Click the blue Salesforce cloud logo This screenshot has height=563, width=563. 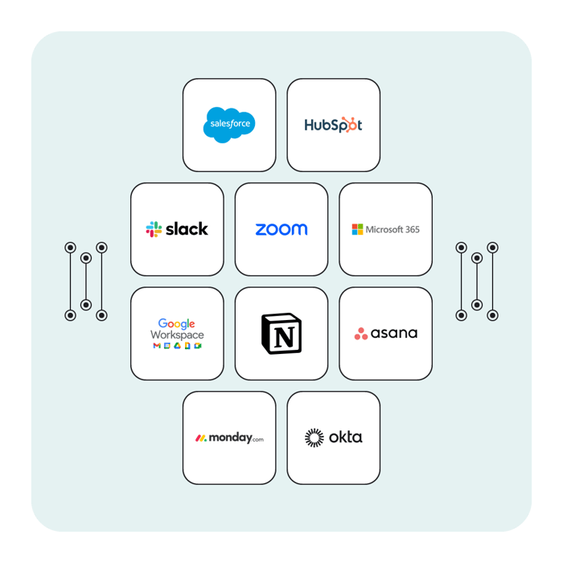229,125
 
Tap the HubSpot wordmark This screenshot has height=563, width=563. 333,125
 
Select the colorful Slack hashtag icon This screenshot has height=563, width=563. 154,229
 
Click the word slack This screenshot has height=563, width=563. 187,229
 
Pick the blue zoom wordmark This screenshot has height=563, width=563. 281,229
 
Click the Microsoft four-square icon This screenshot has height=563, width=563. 357,229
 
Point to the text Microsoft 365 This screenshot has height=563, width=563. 392,229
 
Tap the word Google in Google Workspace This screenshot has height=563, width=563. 177,324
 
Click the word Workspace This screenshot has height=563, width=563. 177,335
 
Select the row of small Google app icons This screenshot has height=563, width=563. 177,346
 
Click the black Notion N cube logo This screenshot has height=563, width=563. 281,333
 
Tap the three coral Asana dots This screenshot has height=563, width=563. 361,334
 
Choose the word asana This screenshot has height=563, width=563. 395,333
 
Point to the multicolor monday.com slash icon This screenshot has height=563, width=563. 201,438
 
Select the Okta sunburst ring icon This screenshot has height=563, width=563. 314,438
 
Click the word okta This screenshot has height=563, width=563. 345,438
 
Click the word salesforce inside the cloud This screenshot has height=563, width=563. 229,125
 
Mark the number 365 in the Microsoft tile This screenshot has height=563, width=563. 410,229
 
